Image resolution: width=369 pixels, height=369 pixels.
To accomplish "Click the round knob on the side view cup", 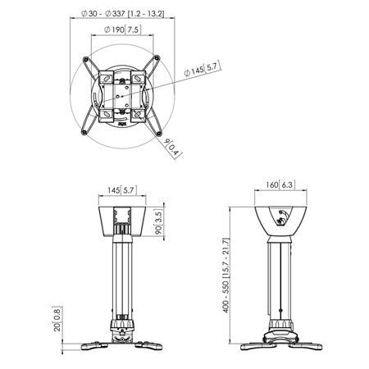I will point(283,217).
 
